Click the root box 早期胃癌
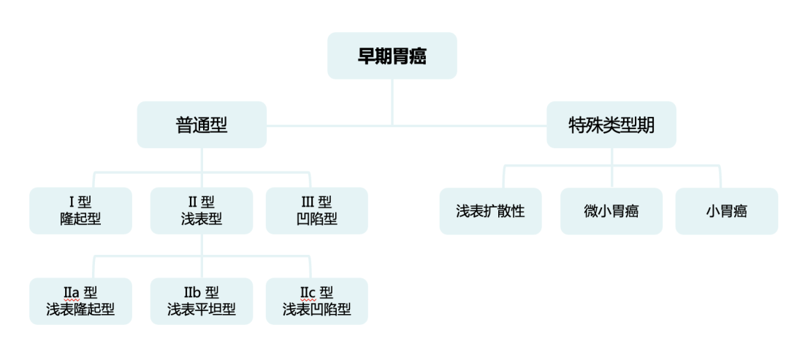pyautogui.click(x=392, y=55)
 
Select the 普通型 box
pyautogui.click(x=202, y=125)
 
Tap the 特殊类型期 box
pyautogui.click(x=611, y=125)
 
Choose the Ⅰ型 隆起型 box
pyautogui.click(x=80, y=211)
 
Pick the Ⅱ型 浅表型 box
pyautogui.click(x=202, y=211)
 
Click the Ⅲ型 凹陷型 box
pyautogui.click(x=316, y=211)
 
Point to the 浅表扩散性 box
pyautogui.click(x=490, y=211)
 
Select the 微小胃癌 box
pyautogui.click(x=611, y=211)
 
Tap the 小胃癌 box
pyautogui.click(x=726, y=211)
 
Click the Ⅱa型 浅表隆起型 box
pyautogui.click(x=80, y=301)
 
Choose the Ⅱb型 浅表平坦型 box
pyautogui.click(x=202, y=301)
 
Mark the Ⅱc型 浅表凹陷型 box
pyautogui.click(x=316, y=301)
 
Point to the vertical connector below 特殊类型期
pyautogui.click(x=611, y=157)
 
